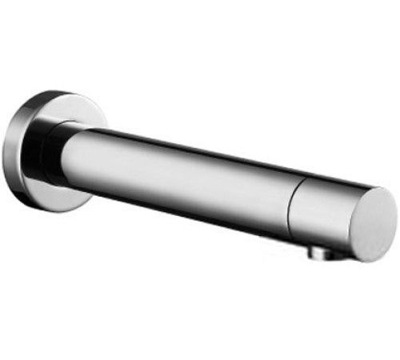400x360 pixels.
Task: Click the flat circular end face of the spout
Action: click(369, 223)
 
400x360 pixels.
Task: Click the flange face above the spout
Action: click(76, 107)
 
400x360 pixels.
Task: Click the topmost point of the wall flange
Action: click(61, 90)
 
